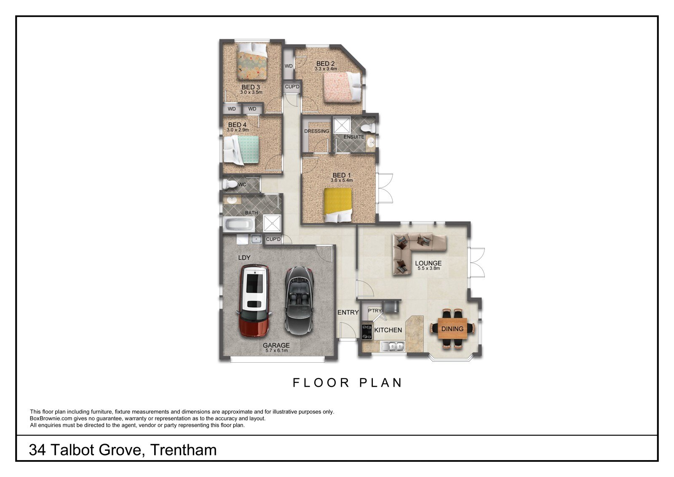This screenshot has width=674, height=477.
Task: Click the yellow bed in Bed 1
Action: coord(337,205)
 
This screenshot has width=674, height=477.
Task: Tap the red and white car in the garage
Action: coord(254,301)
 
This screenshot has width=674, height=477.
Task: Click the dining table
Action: coord(452,329)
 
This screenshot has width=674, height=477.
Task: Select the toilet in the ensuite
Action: coord(367,128)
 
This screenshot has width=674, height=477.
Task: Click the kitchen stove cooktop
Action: coord(367,331)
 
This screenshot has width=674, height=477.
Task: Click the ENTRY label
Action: coord(348,313)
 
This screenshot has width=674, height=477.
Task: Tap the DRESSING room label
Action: coord(316,131)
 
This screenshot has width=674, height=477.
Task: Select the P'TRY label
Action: coord(375,310)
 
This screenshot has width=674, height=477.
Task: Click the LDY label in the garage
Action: coord(244,258)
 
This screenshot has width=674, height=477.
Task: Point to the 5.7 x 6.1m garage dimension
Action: coord(276,351)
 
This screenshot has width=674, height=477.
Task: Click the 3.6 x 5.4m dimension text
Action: coord(342,180)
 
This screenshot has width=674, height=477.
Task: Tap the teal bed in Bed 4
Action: coord(241,150)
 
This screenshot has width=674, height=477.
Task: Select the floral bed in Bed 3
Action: coord(251,61)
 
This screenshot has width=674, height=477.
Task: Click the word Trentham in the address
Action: coord(183,450)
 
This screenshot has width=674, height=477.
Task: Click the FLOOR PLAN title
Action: coord(348,383)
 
